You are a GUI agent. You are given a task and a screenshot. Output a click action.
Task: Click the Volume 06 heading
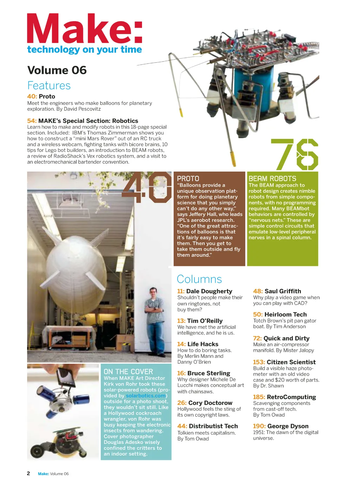click(57, 70)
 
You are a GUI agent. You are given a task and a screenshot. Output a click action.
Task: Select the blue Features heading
click(49, 85)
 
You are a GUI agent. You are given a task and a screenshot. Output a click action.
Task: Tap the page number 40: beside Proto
click(32, 96)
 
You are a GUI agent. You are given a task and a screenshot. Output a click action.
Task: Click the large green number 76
click(295, 155)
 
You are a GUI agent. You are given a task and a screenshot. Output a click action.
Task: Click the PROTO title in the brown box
click(188, 179)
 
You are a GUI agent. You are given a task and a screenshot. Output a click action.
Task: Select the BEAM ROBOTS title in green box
click(272, 179)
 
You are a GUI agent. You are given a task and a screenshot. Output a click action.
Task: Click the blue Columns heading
click(199, 279)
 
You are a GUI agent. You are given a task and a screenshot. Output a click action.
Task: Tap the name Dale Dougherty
click(209, 291)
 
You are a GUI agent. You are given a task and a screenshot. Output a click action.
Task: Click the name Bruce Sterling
click(209, 373)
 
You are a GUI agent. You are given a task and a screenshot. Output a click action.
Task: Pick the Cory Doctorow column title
click(210, 403)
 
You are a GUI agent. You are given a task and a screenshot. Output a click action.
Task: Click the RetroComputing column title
click(291, 397)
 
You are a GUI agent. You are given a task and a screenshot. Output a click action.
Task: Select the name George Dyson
click(288, 426)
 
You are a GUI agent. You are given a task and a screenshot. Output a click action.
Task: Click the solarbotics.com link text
click(146, 396)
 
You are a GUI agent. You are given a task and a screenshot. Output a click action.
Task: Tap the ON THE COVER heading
click(128, 371)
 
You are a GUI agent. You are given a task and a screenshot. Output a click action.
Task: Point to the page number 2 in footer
click(28, 473)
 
